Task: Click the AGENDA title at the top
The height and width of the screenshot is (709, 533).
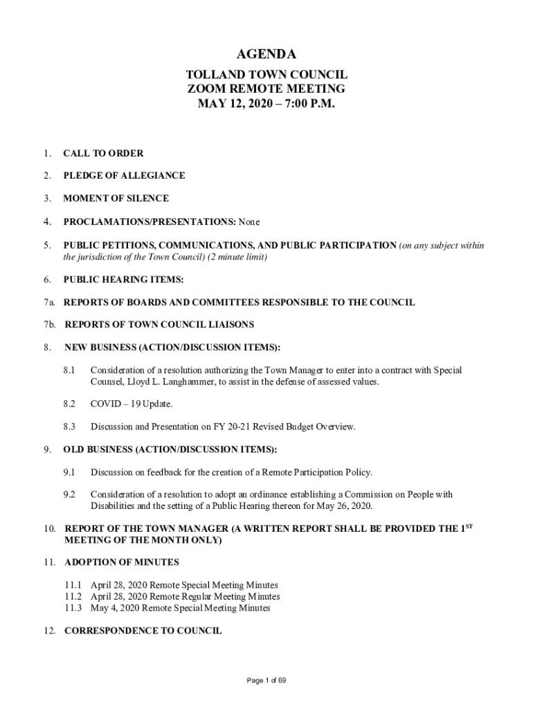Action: pyautogui.click(x=266, y=55)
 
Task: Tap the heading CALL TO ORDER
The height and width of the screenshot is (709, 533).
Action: pyautogui.click(x=103, y=153)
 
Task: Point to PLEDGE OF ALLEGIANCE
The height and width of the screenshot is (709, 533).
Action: pyautogui.click(x=124, y=176)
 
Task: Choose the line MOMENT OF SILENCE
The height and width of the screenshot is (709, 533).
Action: pyautogui.click(x=116, y=199)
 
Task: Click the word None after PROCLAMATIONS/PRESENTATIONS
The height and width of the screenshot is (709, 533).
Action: pyautogui.click(x=249, y=222)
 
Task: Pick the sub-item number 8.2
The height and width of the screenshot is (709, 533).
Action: pyautogui.click(x=69, y=404)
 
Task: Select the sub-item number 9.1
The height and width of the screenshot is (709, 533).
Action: pyautogui.click(x=69, y=472)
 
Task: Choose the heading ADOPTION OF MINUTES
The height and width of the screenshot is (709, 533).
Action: pyautogui.click(x=122, y=562)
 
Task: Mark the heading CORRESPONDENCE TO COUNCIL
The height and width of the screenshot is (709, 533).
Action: pyautogui.click(x=143, y=631)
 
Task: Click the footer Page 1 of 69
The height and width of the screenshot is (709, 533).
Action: pyautogui.click(x=266, y=681)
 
